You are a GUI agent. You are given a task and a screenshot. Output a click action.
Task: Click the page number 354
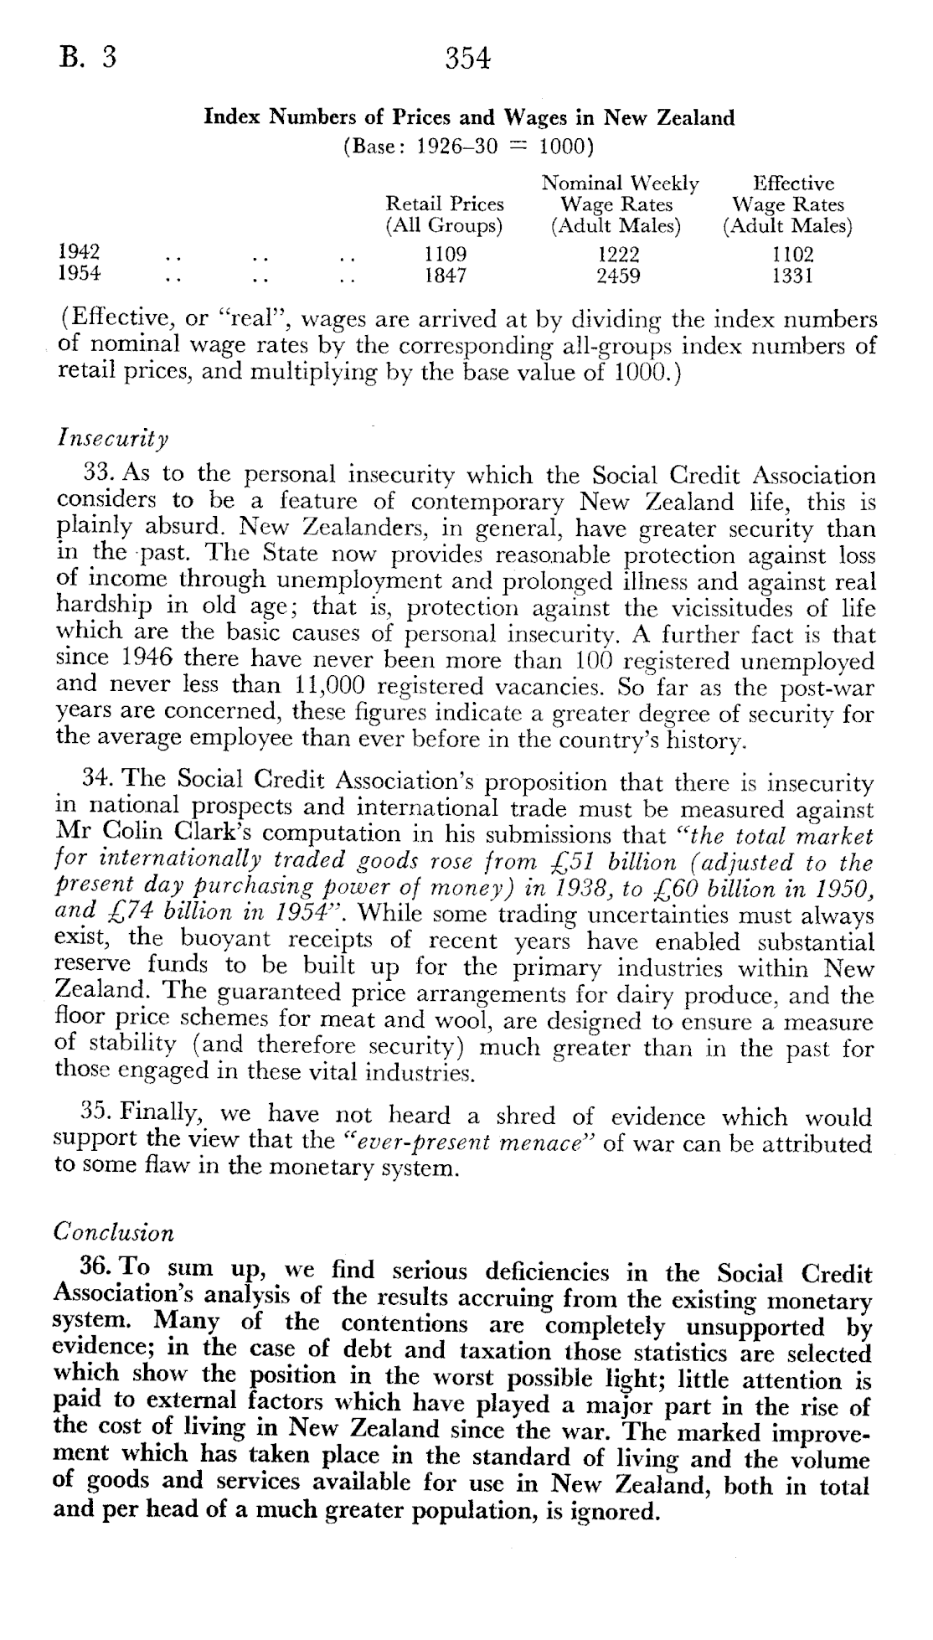[x=466, y=59]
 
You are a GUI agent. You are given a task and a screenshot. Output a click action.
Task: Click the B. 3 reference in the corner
[x=86, y=58]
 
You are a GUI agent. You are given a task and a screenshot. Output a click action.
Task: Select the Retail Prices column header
[x=444, y=214]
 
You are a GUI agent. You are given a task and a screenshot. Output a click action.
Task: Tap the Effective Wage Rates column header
[x=788, y=204]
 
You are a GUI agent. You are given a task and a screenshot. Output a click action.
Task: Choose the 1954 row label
[x=78, y=274]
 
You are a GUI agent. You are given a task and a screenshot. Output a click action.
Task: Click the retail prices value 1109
[x=445, y=254]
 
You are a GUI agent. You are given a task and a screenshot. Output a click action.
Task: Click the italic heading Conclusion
[x=114, y=1232]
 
